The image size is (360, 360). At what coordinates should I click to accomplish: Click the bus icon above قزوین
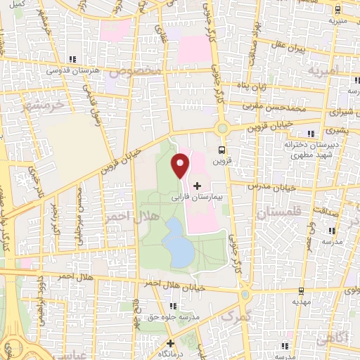pyautogui.click(x=222, y=149)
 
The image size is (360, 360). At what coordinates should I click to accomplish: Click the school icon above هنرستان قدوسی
pyautogui.click(x=72, y=60)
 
